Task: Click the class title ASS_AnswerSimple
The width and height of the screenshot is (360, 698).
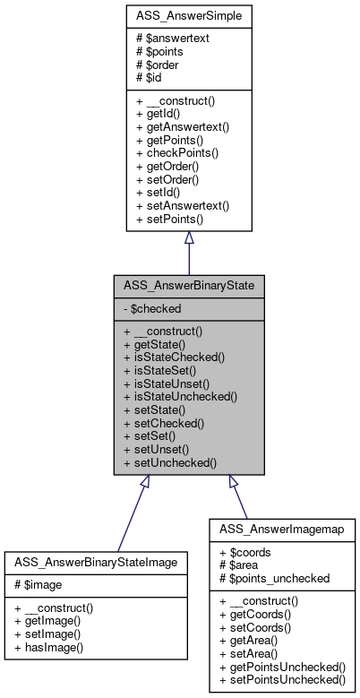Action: point(188,15)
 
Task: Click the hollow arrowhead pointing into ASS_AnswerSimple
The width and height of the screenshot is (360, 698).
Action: point(188,239)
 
